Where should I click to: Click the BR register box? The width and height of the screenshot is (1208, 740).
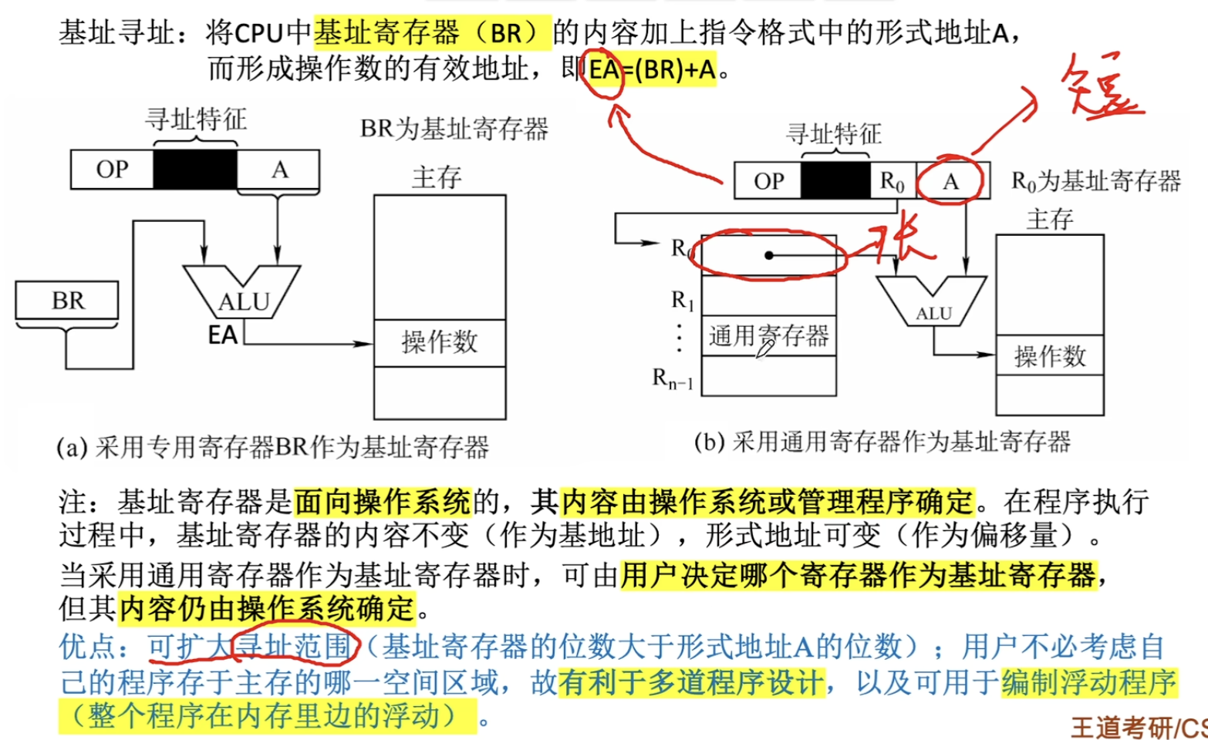[67, 301]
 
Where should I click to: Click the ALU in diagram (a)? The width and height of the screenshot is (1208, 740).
[242, 296]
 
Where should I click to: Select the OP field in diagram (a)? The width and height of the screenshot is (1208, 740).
[112, 170]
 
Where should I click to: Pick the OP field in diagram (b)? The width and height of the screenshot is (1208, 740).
[768, 181]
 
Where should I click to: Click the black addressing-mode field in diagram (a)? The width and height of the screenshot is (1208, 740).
[195, 170]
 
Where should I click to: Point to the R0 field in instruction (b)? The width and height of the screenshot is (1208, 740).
[893, 181]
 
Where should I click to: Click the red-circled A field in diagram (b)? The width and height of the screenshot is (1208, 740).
[950, 181]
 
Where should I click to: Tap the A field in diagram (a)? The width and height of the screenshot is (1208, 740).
[279, 170]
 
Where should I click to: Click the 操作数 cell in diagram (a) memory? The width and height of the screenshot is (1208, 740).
[440, 342]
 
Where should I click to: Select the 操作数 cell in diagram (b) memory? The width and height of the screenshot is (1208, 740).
[1050, 356]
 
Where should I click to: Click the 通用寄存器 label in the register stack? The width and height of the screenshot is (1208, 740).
[768, 336]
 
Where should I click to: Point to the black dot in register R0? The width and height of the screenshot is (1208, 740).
[768, 255]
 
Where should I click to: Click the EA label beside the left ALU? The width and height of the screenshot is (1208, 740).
[223, 335]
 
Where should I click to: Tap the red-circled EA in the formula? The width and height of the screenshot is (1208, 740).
[604, 70]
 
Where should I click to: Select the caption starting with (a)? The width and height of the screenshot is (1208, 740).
[272, 447]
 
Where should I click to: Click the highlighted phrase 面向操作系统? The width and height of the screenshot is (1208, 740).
[383, 503]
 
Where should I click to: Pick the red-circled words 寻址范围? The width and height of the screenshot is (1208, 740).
[295, 646]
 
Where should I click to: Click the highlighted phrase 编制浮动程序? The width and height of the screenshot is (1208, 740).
[1088, 682]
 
